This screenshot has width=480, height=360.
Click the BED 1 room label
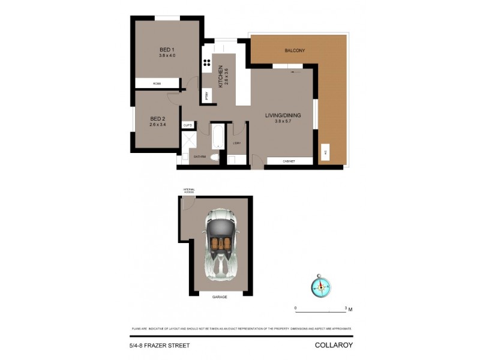[x=167, y=49]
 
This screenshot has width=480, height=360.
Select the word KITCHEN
[x=221, y=77]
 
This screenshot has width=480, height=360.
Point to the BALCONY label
[x=295, y=50]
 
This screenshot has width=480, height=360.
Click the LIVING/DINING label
[x=283, y=115]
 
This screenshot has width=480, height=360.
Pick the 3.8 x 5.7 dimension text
[x=283, y=122]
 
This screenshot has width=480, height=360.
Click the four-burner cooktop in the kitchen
[x=206, y=62]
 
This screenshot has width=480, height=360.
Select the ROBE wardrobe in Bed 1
[x=157, y=83]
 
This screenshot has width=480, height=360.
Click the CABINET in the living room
[x=289, y=161]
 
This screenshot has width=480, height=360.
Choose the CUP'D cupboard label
[x=187, y=125]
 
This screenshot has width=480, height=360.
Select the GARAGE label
[x=220, y=296]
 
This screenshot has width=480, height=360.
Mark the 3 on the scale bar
[x=346, y=308]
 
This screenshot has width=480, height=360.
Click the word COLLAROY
[x=333, y=345]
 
